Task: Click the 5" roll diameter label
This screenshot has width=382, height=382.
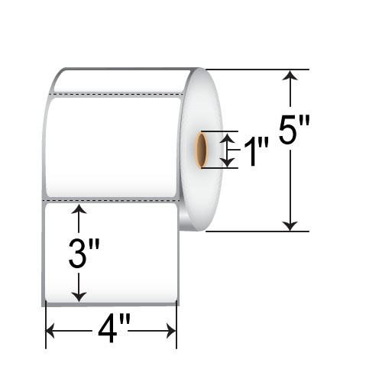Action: click(294, 130)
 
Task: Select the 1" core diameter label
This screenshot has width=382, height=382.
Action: click(257, 151)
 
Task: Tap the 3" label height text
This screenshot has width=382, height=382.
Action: click(84, 254)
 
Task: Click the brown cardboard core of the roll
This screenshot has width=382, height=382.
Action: click(202, 150)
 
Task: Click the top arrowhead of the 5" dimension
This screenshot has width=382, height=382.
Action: click(290, 75)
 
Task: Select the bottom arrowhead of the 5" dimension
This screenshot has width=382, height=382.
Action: click(290, 226)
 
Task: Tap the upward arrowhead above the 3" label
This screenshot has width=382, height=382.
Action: click(79, 209)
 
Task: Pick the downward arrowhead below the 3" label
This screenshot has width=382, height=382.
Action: click(79, 296)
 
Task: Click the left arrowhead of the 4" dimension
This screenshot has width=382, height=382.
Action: click(50, 331)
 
